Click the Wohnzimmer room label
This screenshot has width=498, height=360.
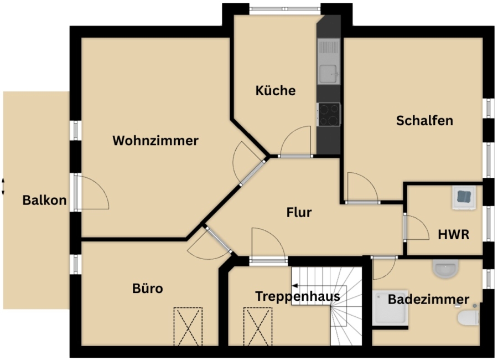(x=155, y=141)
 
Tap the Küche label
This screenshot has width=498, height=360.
(x=276, y=91)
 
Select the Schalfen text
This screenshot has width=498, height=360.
(x=424, y=121)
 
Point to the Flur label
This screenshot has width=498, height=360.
(x=299, y=212)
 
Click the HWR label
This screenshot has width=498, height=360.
(x=454, y=235)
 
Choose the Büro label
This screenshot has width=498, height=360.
(x=148, y=288)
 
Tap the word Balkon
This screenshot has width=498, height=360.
(x=44, y=200)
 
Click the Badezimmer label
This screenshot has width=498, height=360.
(x=428, y=299)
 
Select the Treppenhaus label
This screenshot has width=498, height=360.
(x=298, y=296)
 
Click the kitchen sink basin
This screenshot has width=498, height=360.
(x=328, y=74)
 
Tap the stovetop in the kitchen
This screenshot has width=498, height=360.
(x=329, y=115)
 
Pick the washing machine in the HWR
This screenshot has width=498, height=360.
(x=464, y=197)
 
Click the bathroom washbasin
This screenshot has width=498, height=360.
(x=445, y=268)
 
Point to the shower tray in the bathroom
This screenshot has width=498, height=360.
(x=390, y=307)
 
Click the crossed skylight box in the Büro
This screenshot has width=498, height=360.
(x=188, y=326)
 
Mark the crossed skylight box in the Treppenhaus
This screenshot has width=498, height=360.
(x=258, y=326)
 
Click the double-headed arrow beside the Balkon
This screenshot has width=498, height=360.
(x=3, y=186)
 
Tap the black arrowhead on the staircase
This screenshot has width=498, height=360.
(x=295, y=286)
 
